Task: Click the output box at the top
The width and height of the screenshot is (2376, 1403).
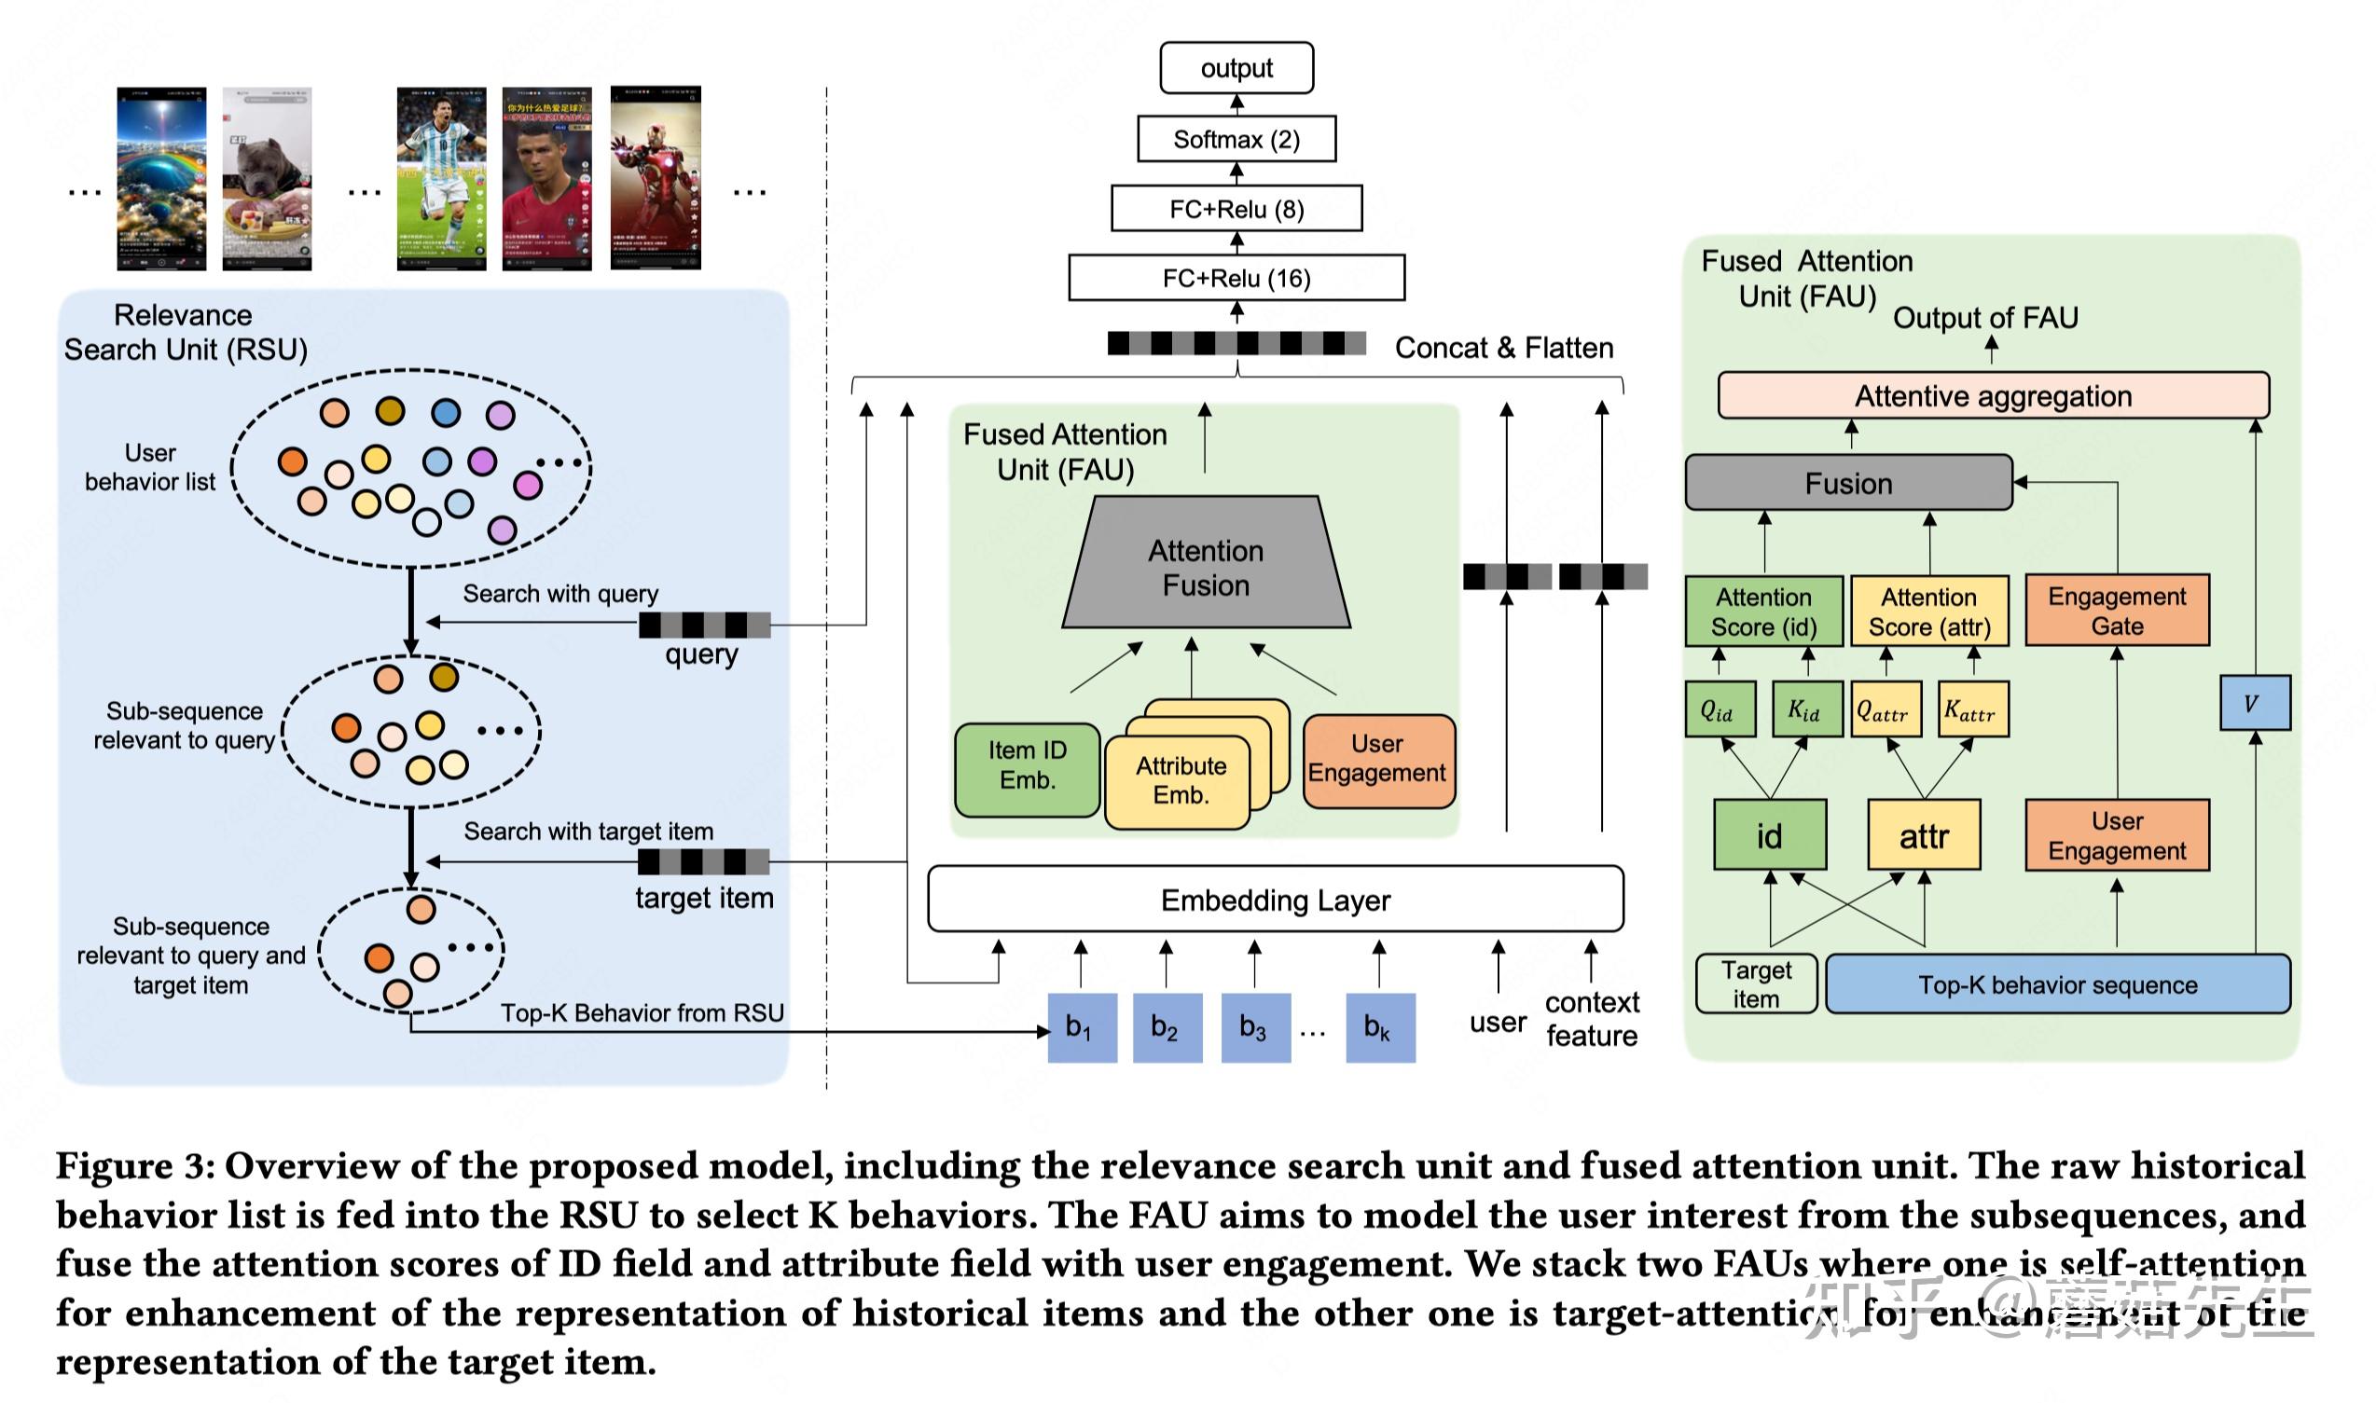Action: point(1236,68)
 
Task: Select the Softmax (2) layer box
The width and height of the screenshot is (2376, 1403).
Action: point(1236,139)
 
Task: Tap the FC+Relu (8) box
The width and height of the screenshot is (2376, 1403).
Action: point(1236,209)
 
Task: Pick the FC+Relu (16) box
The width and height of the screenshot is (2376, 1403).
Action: point(1236,278)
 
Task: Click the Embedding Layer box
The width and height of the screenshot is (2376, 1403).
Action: point(1275,899)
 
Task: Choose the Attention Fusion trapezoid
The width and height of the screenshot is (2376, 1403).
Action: point(1206,567)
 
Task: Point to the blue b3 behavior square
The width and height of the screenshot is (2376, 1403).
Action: point(1254,1026)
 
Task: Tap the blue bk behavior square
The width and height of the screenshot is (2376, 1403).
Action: point(1379,1026)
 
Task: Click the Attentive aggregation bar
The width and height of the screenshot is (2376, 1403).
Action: point(1992,395)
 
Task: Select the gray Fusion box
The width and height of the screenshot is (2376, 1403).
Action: point(1848,483)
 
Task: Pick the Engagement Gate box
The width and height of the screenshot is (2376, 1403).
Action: point(2116,611)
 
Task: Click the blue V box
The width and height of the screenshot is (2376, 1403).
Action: point(2254,703)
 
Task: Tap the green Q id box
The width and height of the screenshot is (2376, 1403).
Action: point(1720,709)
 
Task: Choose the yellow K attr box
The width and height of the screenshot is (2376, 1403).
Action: point(1972,709)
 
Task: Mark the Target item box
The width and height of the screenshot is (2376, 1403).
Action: point(1756,983)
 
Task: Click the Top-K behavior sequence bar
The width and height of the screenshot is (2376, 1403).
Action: point(2056,984)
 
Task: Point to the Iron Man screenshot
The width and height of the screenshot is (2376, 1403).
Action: point(656,179)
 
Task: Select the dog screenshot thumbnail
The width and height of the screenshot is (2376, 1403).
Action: point(267,179)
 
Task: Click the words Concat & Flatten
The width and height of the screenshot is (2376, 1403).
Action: point(1503,348)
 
